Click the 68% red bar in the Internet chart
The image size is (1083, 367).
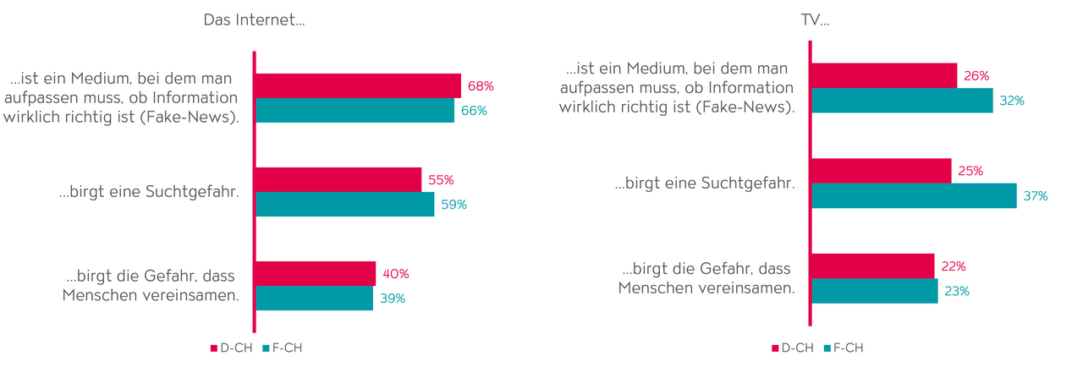[x=357, y=85]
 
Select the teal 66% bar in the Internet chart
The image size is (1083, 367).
[x=355, y=111]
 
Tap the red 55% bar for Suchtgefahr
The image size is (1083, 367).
[x=338, y=179]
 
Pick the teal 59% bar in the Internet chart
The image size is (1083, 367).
[x=344, y=205]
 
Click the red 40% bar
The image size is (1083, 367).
[x=315, y=273]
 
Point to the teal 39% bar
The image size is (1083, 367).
[x=314, y=299]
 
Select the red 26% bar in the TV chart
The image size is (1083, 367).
[x=883, y=75]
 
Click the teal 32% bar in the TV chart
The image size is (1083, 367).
[x=901, y=101]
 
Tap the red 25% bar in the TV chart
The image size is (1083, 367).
[x=881, y=171]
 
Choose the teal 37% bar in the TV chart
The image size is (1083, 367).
[x=913, y=195]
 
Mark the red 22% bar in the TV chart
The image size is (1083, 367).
[x=872, y=266]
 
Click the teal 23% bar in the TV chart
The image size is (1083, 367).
[x=874, y=291]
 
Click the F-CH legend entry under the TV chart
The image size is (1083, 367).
[x=843, y=348]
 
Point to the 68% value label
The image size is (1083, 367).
[x=481, y=85]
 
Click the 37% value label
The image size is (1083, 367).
[x=1035, y=195]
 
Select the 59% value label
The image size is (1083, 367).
[x=454, y=205]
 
